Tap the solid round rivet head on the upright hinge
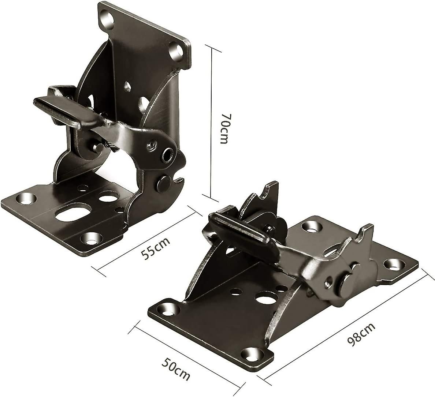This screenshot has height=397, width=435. [164, 183]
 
